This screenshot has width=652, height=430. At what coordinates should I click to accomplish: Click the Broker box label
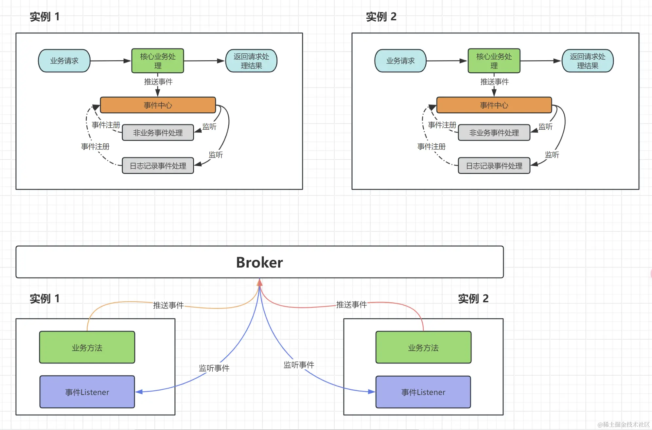click(x=259, y=262)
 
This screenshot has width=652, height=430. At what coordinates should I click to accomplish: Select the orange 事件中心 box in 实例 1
click(x=158, y=105)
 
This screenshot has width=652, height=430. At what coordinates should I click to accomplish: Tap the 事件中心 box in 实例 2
click(x=494, y=105)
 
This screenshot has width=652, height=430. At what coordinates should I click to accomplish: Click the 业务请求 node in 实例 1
click(x=64, y=61)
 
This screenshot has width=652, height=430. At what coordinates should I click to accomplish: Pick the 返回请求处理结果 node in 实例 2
click(x=588, y=61)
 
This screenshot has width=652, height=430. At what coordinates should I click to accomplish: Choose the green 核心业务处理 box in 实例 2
click(x=494, y=61)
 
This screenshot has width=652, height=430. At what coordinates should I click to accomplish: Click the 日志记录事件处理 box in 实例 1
click(x=158, y=166)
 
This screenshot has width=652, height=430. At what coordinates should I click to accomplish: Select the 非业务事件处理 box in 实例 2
click(x=494, y=133)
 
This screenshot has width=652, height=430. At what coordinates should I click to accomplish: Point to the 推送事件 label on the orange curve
click(x=168, y=305)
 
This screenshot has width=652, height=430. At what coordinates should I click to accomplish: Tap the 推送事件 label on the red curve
click(x=352, y=305)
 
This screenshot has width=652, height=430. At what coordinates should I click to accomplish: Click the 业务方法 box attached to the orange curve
click(x=87, y=347)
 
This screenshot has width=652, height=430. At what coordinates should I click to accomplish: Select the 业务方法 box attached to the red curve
click(x=423, y=347)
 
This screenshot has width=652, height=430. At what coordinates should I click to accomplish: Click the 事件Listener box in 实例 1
click(x=87, y=392)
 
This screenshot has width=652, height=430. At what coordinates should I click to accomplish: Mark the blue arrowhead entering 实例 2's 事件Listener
click(x=372, y=391)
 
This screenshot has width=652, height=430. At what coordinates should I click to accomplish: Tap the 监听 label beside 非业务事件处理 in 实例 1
click(x=209, y=126)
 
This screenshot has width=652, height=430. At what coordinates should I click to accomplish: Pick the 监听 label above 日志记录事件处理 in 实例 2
click(x=552, y=155)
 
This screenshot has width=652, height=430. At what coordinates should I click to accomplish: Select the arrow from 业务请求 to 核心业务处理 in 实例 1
click(x=111, y=61)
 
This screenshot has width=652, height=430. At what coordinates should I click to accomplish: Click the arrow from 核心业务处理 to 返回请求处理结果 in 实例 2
click(x=541, y=61)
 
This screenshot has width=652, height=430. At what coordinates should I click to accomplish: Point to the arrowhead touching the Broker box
click(x=259, y=282)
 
